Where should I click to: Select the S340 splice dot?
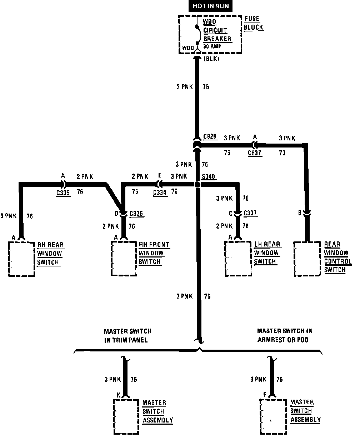click(197, 185)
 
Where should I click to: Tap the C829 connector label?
click(210, 137)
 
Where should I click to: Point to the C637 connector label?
click(255, 153)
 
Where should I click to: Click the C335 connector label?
click(63, 192)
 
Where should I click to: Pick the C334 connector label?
click(160, 192)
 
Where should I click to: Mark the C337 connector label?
click(250, 214)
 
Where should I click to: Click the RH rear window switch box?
click(21, 259)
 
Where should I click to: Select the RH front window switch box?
click(124, 259)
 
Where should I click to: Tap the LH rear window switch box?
click(237, 259)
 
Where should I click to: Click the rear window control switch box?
click(307, 259)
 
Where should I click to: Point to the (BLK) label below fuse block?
click(211, 59)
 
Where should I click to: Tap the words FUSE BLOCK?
click(254, 23)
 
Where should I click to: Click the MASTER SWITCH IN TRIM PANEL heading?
click(127, 336)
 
